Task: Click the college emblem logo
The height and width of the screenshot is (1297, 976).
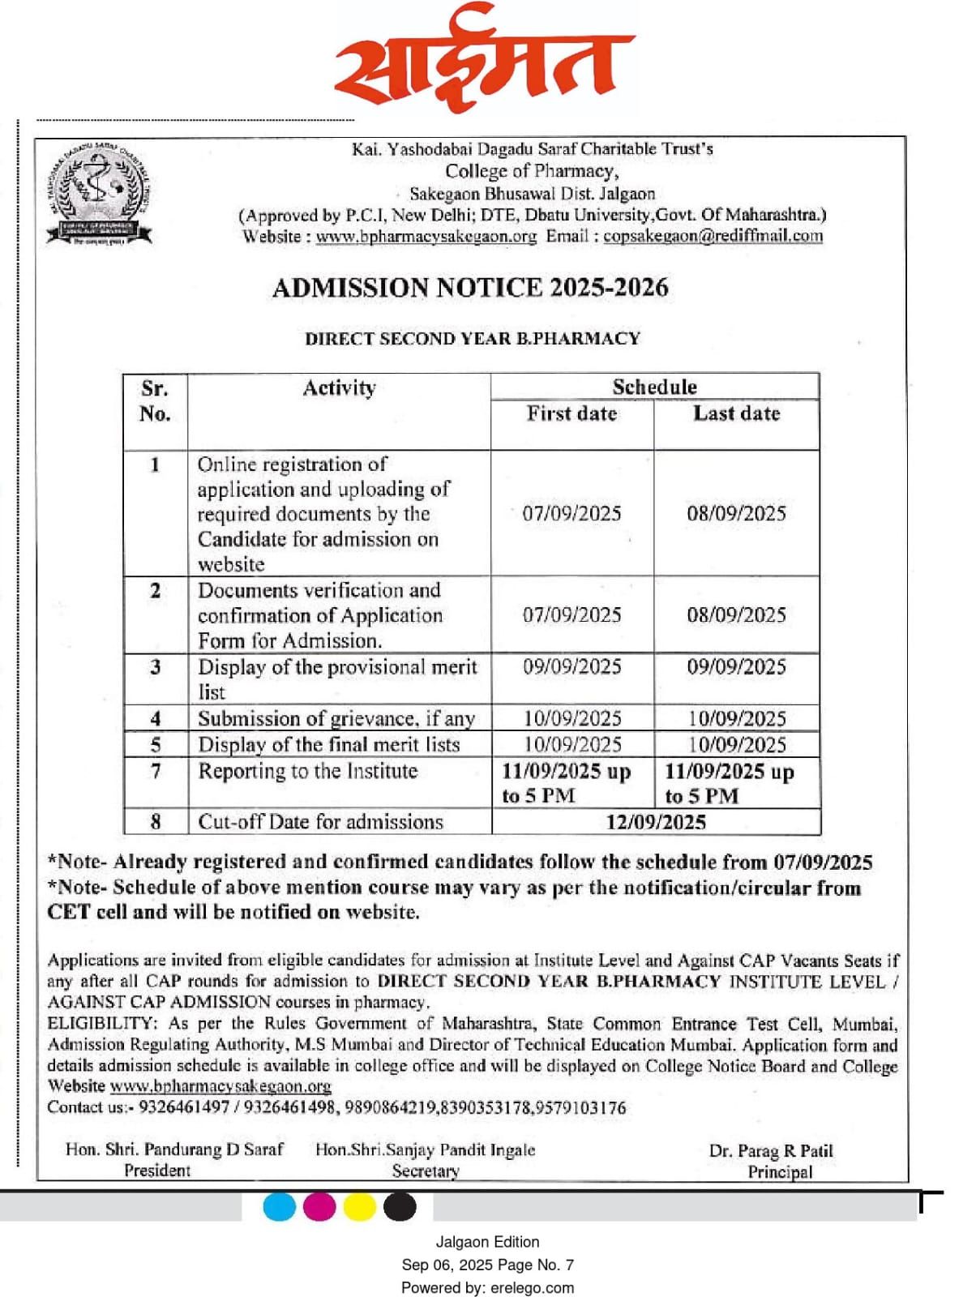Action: [x=98, y=195]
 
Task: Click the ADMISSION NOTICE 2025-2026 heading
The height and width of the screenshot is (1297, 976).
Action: [x=470, y=288]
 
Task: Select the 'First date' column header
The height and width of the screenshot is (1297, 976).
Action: [x=571, y=414]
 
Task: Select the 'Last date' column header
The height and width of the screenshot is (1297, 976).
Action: [x=736, y=414]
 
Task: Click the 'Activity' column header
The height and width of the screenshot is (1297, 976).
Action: [x=339, y=388]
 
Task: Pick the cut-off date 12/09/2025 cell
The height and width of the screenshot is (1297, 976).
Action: [x=656, y=822]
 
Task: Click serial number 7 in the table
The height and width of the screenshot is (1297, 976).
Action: [x=156, y=771]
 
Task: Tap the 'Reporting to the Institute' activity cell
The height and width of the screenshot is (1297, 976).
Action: [x=308, y=771]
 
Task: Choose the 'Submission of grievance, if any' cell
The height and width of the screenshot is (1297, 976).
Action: [x=336, y=719]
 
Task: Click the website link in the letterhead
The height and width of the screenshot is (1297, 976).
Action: [x=426, y=237]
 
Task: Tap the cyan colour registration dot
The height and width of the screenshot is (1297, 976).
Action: [x=280, y=1207]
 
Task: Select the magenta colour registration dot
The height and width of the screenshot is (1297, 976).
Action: [x=319, y=1207]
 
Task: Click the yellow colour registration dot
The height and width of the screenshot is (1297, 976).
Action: [x=359, y=1207]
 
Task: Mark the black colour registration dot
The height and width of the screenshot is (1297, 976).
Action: [x=400, y=1207]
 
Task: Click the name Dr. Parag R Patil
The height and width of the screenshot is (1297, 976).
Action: [x=770, y=1151]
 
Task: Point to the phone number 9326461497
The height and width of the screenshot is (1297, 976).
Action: [x=184, y=1107]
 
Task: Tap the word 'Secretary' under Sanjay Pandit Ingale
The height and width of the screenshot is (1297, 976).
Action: [x=426, y=1171]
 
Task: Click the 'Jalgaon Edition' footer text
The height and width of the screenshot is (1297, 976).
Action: [x=487, y=1242]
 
